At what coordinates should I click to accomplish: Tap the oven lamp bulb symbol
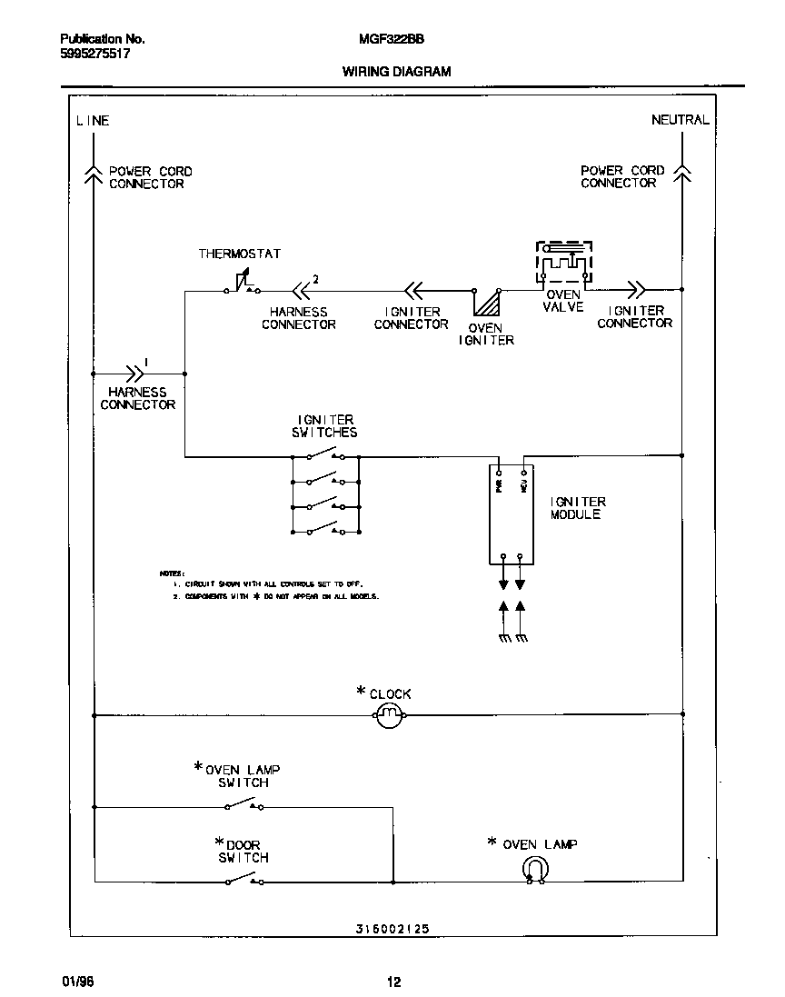point(535,870)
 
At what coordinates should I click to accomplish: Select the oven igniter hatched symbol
point(488,303)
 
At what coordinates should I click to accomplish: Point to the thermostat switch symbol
point(242,285)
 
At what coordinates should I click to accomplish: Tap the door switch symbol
point(243,879)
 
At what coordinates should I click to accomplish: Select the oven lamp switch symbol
point(243,804)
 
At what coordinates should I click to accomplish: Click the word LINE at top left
point(93,120)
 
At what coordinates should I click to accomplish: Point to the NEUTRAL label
point(680,120)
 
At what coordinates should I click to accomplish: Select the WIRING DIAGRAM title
point(396,71)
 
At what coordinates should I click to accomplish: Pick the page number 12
point(393,982)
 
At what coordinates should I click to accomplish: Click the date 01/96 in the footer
point(76,982)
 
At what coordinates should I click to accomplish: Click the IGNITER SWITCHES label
point(324,426)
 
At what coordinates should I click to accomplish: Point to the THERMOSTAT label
point(240,254)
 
